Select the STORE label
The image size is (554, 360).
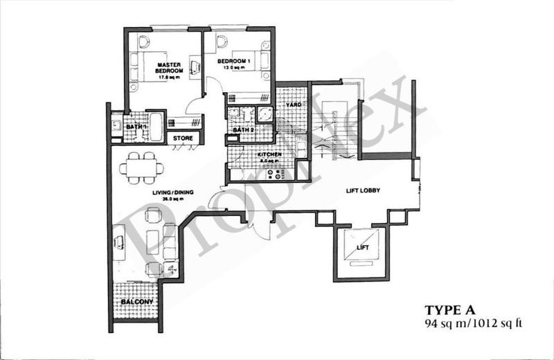pos(183,138)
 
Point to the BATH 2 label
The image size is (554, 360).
pos(242,130)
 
